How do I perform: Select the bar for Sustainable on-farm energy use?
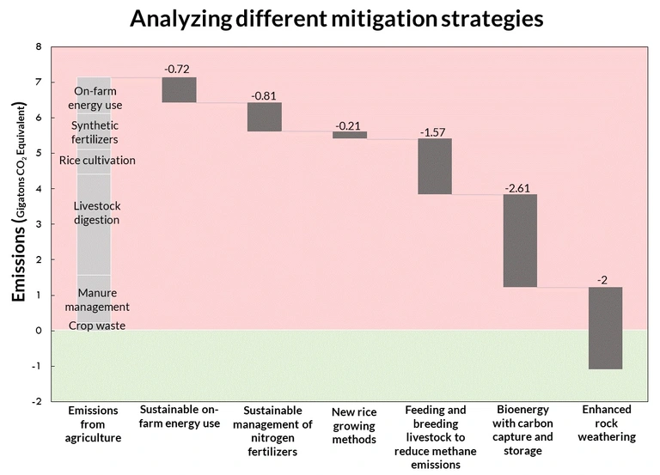coord(180,90)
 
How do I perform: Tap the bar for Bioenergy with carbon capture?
coord(520,241)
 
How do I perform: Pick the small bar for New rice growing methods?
coord(350,135)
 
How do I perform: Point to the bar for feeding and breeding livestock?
coord(435,167)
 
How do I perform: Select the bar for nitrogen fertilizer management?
coord(265,117)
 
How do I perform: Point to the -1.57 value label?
coord(435,131)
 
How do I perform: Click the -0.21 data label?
coord(349,125)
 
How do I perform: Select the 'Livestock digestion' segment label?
coord(96,213)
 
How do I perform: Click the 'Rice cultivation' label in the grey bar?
coord(96,160)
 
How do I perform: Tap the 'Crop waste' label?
coord(96,326)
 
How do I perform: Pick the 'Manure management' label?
coord(96,300)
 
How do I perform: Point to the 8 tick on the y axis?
coord(39,47)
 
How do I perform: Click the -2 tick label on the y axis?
coord(36,401)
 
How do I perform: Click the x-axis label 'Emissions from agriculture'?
coord(94,423)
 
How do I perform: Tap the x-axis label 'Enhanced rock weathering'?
coord(606,423)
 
